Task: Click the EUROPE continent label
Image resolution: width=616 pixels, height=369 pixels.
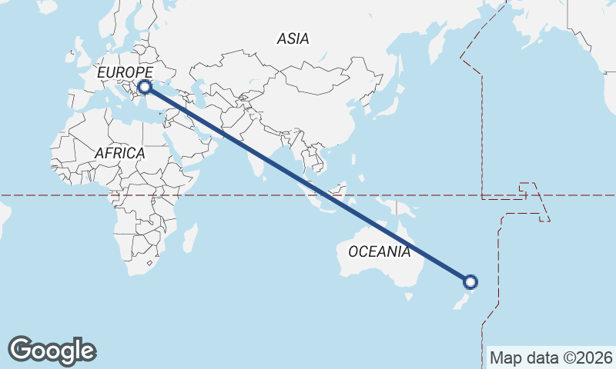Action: pyautogui.click(x=126, y=72)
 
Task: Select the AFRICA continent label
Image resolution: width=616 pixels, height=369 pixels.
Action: pyautogui.click(x=119, y=153)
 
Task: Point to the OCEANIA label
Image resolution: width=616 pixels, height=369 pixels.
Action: pyautogui.click(x=379, y=251)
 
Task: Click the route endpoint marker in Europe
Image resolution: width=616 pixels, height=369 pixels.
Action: pyautogui.click(x=143, y=88)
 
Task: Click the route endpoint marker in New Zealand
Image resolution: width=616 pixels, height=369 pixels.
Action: pyautogui.click(x=470, y=282)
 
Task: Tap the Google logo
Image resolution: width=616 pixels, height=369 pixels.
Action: pyautogui.click(x=52, y=350)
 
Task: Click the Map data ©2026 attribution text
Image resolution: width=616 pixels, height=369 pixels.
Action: pyautogui.click(x=551, y=357)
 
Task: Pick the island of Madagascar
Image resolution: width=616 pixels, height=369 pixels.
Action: pyautogui.click(x=190, y=238)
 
